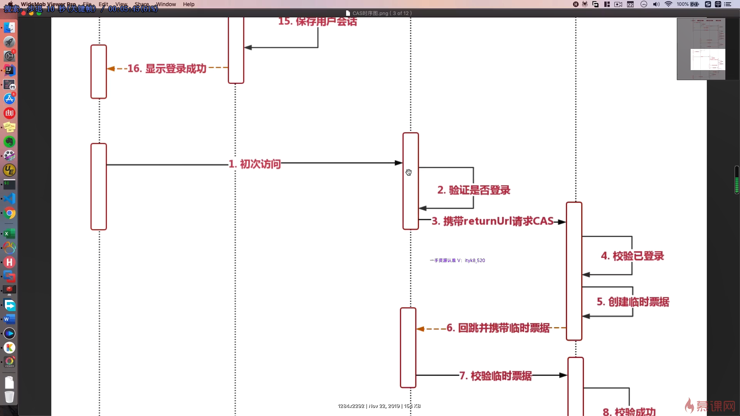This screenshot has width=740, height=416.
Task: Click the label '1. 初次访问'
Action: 255,164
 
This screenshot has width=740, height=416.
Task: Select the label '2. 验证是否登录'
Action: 474,190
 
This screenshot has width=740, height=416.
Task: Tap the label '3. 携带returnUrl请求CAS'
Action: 493,221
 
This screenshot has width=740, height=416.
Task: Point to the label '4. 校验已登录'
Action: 632,256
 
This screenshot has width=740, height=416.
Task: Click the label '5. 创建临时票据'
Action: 633,302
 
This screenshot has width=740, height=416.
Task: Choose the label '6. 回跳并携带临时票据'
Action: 498,328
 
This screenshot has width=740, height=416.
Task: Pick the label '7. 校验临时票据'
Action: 496,376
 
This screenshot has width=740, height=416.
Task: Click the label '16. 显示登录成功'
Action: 167,69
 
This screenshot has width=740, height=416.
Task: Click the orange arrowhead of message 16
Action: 111,69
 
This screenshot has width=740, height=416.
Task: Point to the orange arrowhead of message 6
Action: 420,329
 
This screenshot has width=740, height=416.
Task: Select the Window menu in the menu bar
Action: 166,4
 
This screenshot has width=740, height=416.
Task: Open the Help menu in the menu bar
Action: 188,4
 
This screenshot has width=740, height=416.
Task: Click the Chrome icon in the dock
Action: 10,213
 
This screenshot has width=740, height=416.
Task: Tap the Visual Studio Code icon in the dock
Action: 10,199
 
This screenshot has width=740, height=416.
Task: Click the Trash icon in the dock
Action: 9,397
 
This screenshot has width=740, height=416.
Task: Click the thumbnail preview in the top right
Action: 701,49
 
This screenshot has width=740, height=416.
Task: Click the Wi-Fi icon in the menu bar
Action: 668,4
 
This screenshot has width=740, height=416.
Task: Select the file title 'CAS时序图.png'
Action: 370,13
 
